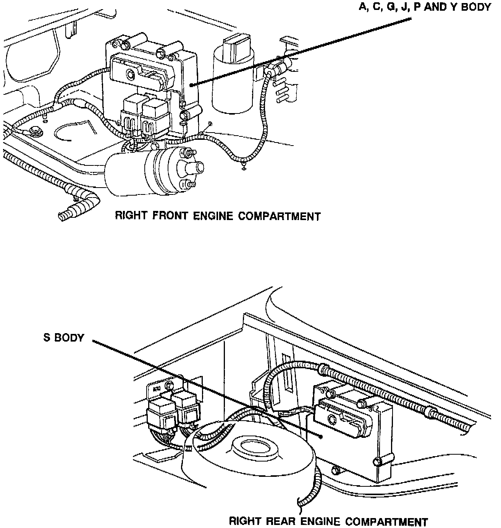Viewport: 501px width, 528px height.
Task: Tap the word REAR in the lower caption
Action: pyautogui.click(x=280, y=521)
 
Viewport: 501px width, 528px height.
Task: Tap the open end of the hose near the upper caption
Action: pyautogui.click(x=61, y=217)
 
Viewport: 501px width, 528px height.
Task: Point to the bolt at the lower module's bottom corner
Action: pyautogui.click(x=378, y=462)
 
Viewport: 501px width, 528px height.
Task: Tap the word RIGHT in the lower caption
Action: pyautogui.click(x=244, y=521)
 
